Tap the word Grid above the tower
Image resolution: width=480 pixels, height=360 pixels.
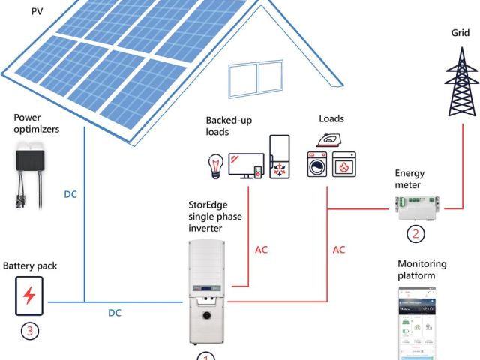(x=460, y=34)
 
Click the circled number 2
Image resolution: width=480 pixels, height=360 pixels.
(x=415, y=233)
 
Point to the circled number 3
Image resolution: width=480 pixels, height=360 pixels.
(x=29, y=328)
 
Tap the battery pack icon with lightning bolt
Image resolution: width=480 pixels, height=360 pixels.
(x=29, y=295)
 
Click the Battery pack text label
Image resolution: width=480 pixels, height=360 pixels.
(x=30, y=265)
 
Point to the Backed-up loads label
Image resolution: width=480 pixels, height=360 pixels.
(x=228, y=126)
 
